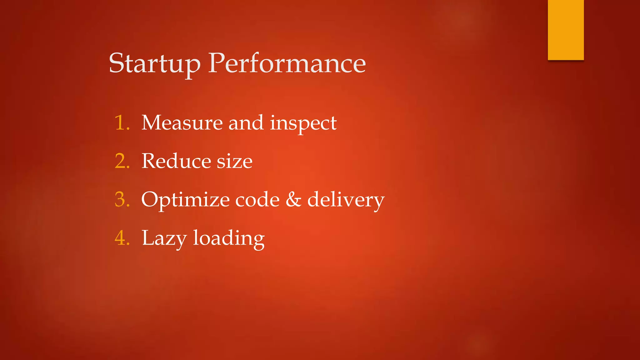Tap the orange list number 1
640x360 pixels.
(122, 122)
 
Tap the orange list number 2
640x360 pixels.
(122, 161)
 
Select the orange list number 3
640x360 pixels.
(122, 199)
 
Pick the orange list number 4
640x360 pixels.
(122, 238)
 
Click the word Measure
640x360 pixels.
(182, 122)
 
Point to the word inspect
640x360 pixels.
(303, 123)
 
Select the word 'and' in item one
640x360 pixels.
(246, 122)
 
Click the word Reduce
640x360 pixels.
(176, 161)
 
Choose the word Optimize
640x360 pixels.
(185, 200)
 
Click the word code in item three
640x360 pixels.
(257, 200)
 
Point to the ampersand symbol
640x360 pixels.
(293, 199)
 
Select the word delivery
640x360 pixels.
(346, 200)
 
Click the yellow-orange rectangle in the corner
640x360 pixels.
(566, 30)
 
